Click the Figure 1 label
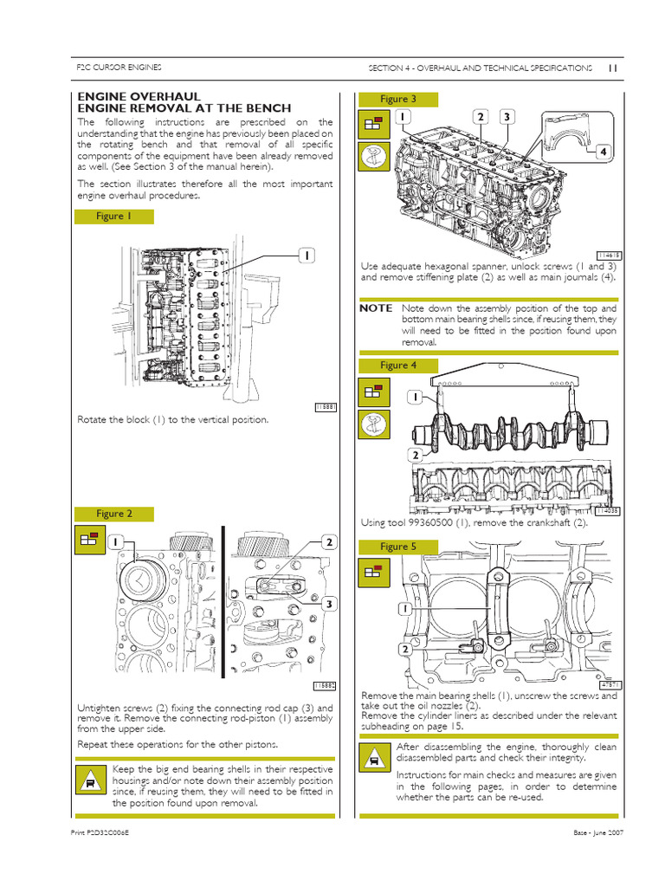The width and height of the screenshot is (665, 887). (x=114, y=217)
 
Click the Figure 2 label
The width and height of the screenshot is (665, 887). (x=114, y=514)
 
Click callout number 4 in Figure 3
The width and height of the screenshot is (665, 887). (x=604, y=152)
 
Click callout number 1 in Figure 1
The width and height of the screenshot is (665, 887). (x=307, y=255)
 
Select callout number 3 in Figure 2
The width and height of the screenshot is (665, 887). (x=329, y=603)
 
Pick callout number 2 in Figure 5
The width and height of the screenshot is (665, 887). (x=404, y=649)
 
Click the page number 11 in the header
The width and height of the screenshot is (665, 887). (x=611, y=68)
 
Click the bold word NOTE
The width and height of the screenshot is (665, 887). (x=376, y=308)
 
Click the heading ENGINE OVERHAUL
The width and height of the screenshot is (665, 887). (x=139, y=95)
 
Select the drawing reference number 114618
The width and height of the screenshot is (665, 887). (x=610, y=255)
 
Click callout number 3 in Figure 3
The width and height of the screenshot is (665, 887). (x=507, y=116)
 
